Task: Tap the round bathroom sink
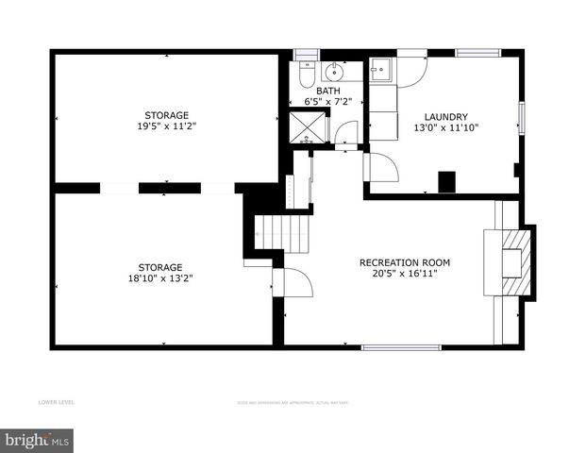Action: coord(335,72)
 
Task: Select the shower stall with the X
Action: coord(309,127)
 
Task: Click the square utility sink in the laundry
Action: coord(382,70)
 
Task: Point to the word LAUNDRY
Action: coord(445,115)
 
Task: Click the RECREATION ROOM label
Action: coord(404,262)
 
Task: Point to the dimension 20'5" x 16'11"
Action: coord(404,274)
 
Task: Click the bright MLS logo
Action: coord(38,440)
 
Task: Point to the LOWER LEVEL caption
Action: coord(57,403)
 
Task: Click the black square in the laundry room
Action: coord(447,180)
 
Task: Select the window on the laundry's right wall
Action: coord(521,117)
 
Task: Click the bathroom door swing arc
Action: coord(346,133)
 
